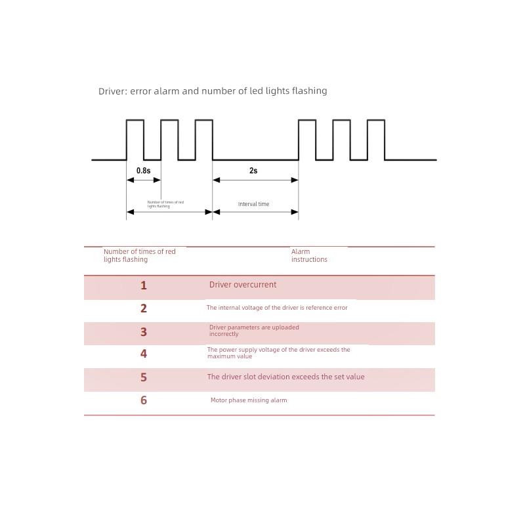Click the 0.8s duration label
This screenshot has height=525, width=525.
[x=143, y=171]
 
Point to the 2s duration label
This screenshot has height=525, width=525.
[x=253, y=171]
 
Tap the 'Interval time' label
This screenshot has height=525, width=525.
[x=253, y=204]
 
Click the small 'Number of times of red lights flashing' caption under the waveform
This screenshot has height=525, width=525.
[x=165, y=204]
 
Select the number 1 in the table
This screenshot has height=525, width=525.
[x=143, y=285]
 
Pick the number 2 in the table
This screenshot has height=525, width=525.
[x=143, y=308]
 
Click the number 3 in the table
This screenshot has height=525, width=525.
[x=143, y=332]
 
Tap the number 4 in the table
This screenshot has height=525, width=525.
[x=143, y=354]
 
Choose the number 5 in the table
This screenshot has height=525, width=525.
[x=143, y=377]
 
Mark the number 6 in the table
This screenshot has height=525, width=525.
[x=143, y=400]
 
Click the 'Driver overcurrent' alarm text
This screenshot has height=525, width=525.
[x=243, y=285]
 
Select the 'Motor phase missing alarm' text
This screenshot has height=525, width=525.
[x=249, y=400]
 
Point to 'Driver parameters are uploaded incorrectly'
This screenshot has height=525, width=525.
[x=254, y=331]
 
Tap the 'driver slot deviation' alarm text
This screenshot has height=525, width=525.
[x=285, y=377]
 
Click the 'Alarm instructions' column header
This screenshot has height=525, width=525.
[x=308, y=255]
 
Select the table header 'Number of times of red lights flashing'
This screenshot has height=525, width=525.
[x=139, y=255]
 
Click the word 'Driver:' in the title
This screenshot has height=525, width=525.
[x=112, y=91]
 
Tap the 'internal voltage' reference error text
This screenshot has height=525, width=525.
[x=277, y=308]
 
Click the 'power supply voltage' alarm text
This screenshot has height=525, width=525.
[x=278, y=353]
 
